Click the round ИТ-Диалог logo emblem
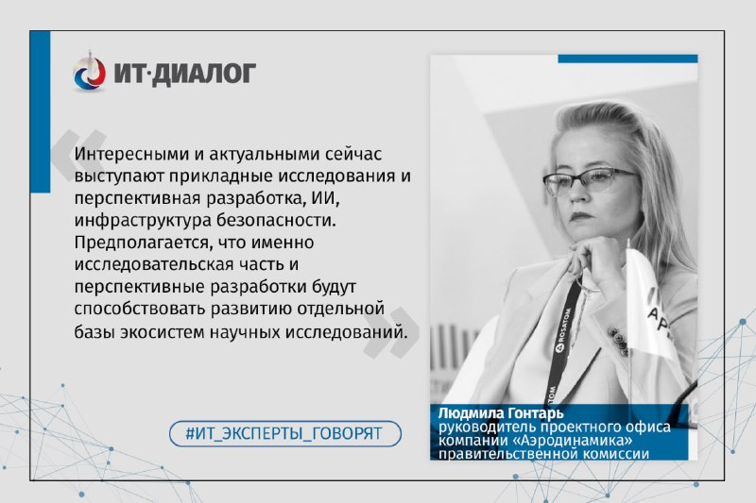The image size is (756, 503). click(89, 73)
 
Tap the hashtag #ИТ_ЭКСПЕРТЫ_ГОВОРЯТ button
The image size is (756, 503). click(285, 433)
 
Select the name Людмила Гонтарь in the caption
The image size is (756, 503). click(501, 413)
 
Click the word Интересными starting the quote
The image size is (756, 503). click(129, 154)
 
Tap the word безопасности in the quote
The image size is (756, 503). click(276, 221)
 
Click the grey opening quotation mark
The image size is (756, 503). click(79, 155)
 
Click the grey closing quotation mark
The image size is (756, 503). click(391, 332)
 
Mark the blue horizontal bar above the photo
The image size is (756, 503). click(627, 59)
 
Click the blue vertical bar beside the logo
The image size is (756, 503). click(40, 112)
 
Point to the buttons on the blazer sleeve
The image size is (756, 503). click(618, 341)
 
